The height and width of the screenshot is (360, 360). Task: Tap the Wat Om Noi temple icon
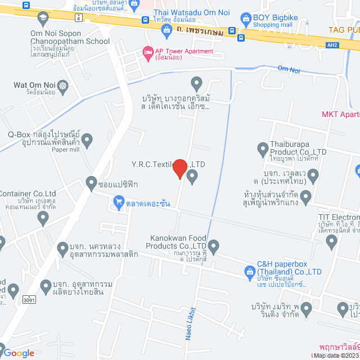pos(61,86)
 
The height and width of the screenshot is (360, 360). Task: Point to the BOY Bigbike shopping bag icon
pos(245,19)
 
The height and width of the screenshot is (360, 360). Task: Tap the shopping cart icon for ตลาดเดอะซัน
pos(119,201)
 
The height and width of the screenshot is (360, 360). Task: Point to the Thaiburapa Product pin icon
pos(262,149)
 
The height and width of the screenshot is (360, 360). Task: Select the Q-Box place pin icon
pos(87,138)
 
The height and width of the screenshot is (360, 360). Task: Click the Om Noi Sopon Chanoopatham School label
pos(70,38)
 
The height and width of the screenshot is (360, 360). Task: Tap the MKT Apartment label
pos(340,115)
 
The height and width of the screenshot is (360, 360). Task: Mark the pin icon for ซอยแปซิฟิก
pos(92,182)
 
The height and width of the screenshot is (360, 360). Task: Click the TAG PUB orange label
pos(344,29)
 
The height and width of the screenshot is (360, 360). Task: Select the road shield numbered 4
pos(78,17)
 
